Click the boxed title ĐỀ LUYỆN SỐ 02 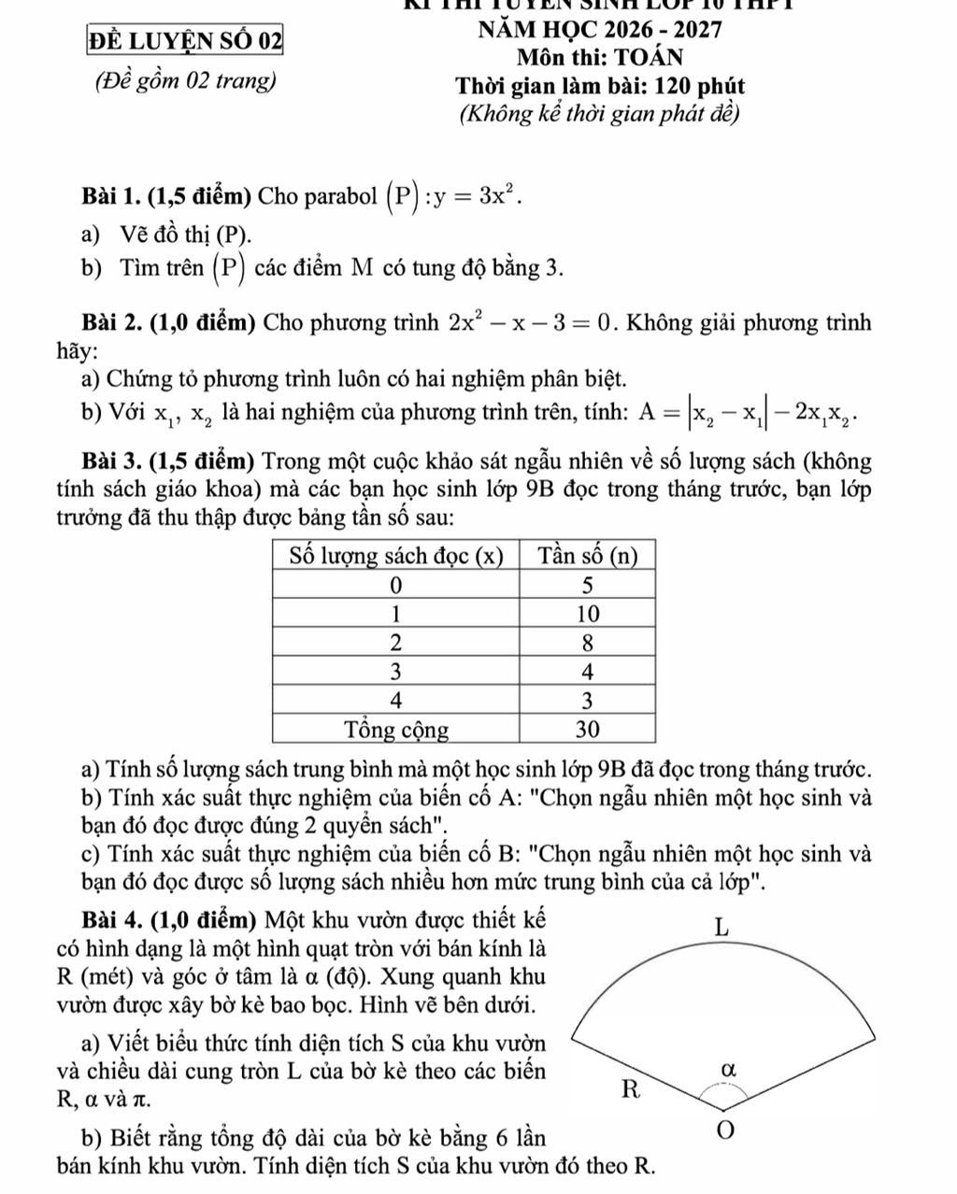tap(185, 41)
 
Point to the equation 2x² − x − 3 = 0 tap(533, 324)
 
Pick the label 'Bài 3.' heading tap(112, 461)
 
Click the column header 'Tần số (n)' tap(588, 557)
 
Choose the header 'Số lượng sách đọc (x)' tap(396, 557)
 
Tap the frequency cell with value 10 tap(588, 614)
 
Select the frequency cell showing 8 tap(588, 643)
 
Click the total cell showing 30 tap(588, 728)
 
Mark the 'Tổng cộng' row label tap(396, 728)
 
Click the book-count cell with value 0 tap(396, 586)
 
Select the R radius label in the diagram tap(633, 1089)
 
